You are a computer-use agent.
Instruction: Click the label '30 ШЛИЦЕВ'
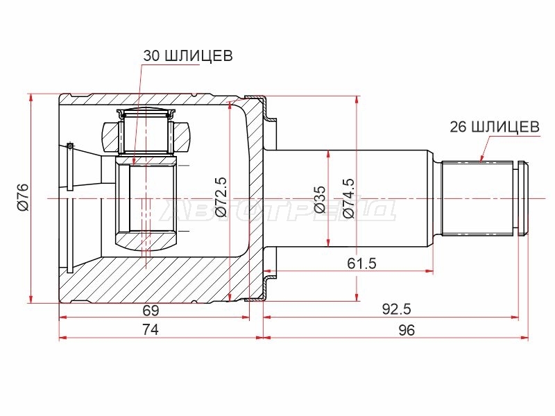tap(188, 55)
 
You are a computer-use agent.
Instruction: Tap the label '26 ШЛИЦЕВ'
tap(495, 126)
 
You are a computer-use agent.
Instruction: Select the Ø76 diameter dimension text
tap(24, 198)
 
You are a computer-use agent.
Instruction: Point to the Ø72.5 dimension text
tap(220, 197)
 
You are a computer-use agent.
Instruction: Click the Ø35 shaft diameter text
tap(321, 199)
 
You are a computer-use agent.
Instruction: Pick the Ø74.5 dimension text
tap(348, 198)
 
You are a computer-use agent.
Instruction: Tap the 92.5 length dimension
tap(396, 309)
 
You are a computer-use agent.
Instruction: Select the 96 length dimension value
tap(406, 330)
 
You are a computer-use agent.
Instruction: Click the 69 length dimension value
tap(151, 310)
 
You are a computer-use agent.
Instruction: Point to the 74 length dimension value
tap(151, 330)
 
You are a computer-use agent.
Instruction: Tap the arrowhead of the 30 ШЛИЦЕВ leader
tap(134, 162)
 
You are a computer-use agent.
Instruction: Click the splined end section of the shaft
tap(477, 198)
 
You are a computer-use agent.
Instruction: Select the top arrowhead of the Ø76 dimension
tap(31, 98)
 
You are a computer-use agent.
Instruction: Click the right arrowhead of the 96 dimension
tap(524, 338)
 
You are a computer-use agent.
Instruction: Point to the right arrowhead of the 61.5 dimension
tap(429, 271)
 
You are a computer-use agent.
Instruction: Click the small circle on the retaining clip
tap(70, 146)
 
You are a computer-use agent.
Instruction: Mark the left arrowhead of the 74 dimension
tap(63, 338)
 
